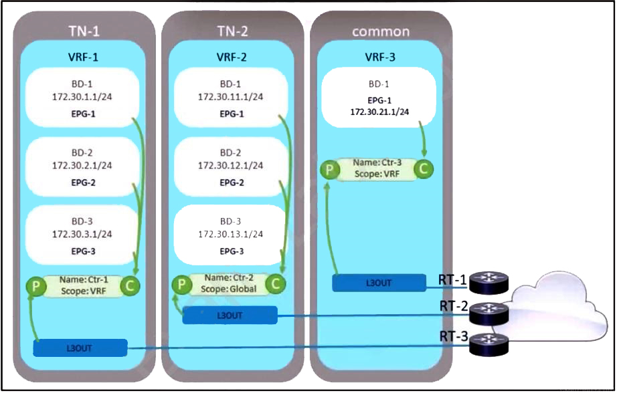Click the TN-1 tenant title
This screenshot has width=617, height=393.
(84, 31)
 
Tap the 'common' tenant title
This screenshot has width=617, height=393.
(381, 31)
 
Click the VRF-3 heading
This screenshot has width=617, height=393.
(381, 57)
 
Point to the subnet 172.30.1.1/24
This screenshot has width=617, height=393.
(84, 98)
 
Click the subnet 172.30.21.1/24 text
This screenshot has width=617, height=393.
(380, 111)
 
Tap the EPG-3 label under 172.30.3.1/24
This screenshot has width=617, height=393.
(84, 251)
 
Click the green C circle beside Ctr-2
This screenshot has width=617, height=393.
(275, 284)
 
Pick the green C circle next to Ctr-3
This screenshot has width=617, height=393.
(424, 170)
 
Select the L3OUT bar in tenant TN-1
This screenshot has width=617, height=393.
(80, 348)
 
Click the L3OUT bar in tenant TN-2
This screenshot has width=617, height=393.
(230, 315)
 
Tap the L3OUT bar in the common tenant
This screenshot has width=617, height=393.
(379, 283)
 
